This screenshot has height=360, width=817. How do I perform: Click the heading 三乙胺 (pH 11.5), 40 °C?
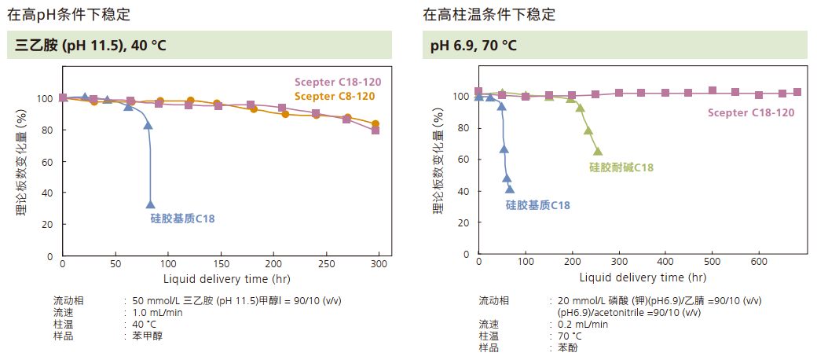point(91,46)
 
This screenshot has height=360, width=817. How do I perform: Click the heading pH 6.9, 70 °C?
point(474,46)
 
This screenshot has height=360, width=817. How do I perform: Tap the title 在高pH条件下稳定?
point(69,13)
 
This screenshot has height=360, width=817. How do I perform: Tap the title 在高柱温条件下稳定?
point(489,13)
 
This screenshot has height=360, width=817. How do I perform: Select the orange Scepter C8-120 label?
point(335,96)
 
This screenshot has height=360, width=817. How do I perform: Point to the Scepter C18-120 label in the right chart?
point(750,112)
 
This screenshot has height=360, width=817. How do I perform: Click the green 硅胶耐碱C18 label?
point(621,167)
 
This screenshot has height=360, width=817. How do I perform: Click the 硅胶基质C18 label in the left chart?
point(182,218)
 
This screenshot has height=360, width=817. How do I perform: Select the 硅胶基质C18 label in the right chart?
point(537,205)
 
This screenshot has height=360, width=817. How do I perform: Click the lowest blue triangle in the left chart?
point(151,204)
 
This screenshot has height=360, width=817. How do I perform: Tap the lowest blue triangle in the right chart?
point(510,189)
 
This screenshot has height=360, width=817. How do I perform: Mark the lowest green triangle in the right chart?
point(598,151)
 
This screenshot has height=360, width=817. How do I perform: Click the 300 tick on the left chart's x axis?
point(379,264)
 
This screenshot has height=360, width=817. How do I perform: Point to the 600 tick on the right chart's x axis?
point(759,262)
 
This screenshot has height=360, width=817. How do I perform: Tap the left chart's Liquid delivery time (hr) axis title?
point(216,278)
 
